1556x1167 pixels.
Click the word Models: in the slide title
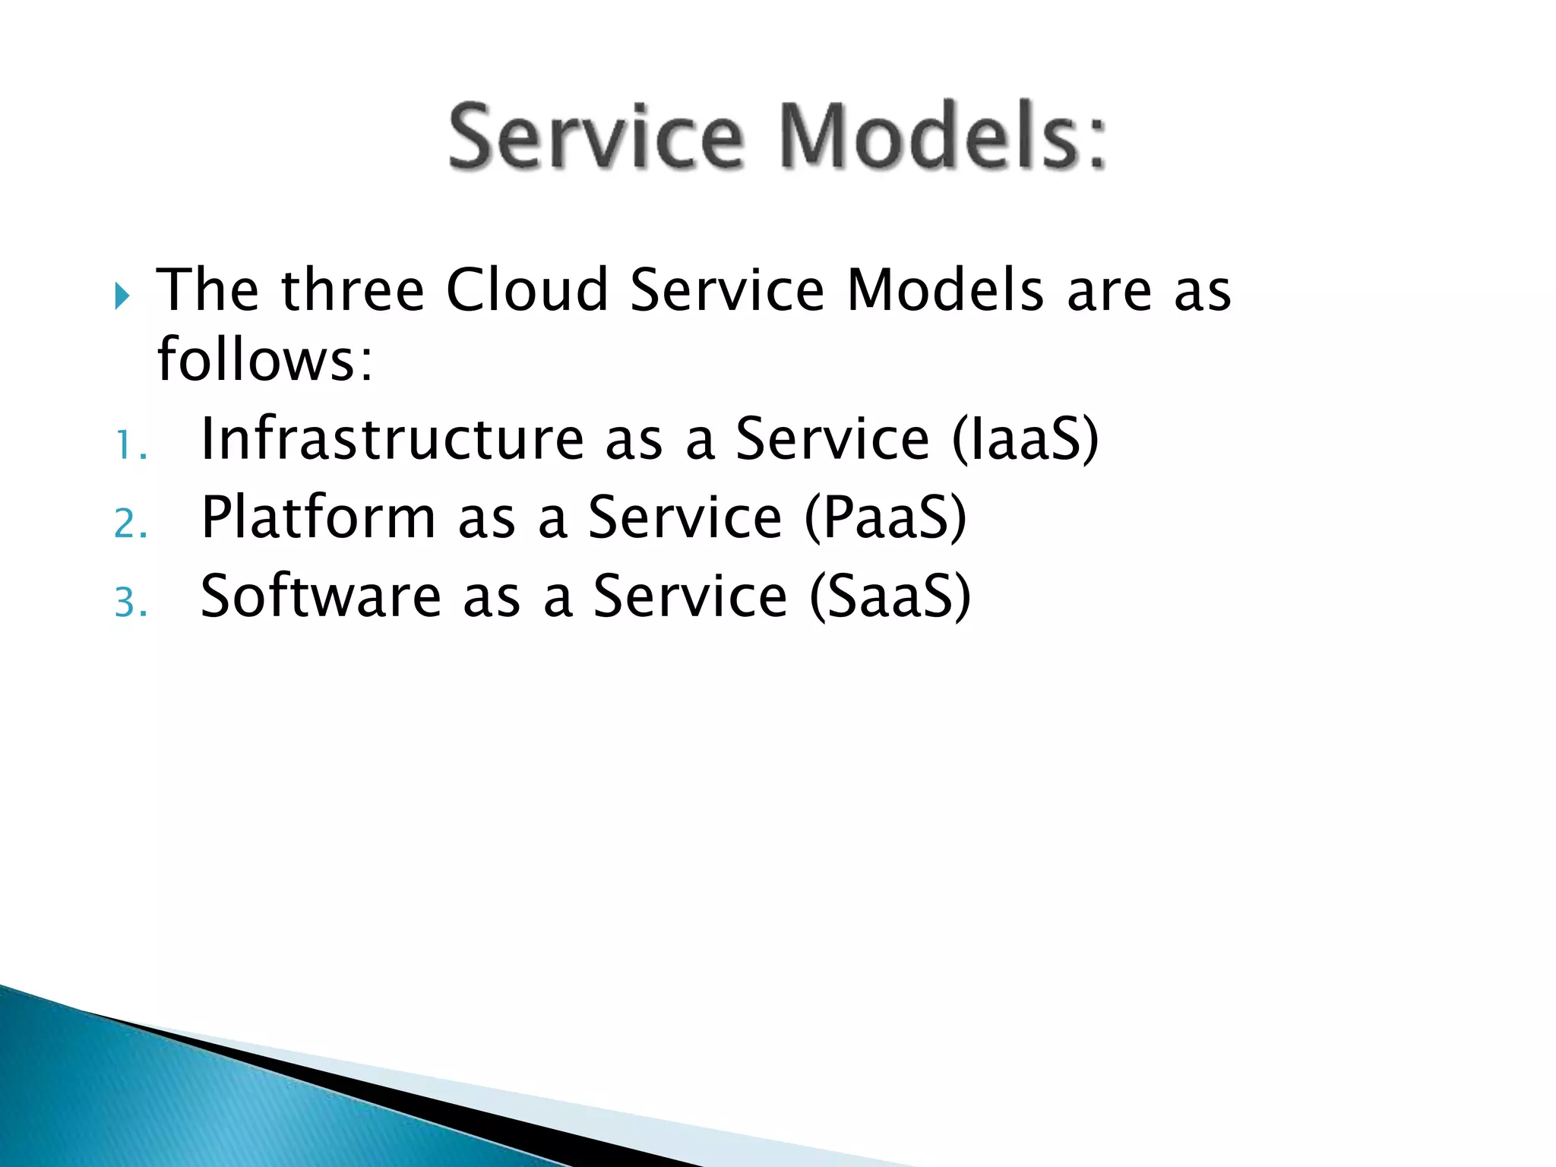point(942,137)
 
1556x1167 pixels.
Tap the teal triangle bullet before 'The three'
point(122,296)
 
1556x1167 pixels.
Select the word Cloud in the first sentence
point(527,290)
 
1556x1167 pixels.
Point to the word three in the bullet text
point(352,290)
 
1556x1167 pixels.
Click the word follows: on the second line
point(265,359)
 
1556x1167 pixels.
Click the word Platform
point(318,518)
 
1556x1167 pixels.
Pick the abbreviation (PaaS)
point(885,518)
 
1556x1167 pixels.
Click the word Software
point(321,596)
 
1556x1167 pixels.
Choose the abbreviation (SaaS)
point(890,596)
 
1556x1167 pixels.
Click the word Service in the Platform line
point(685,518)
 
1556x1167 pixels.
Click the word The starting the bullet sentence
point(207,290)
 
